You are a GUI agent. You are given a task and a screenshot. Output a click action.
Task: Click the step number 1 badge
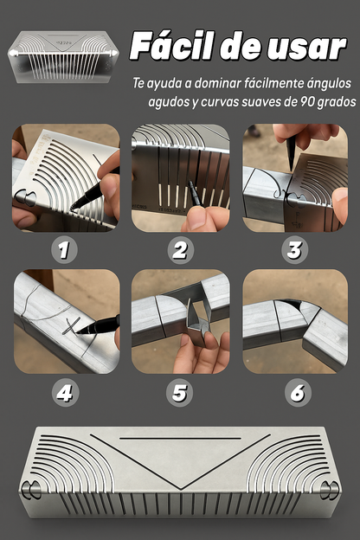[x=64, y=250]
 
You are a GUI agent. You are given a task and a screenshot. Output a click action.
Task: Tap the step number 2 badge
[x=180, y=250]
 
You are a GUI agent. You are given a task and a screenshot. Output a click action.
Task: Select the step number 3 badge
[x=294, y=250]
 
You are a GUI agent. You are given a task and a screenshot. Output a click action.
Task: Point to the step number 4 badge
[x=65, y=393]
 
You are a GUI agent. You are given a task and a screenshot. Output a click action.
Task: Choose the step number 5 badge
[x=179, y=393]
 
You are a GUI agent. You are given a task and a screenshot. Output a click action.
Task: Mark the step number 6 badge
[x=298, y=393]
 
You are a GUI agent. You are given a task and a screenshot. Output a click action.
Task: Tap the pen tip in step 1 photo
[x=71, y=209]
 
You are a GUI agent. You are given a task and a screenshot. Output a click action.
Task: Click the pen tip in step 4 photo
[x=77, y=332]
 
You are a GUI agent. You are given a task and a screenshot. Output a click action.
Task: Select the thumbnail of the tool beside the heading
[x=63, y=57]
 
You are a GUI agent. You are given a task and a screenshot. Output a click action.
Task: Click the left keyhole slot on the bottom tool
[x=31, y=490]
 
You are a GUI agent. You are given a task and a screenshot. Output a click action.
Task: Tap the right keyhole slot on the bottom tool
[x=330, y=490]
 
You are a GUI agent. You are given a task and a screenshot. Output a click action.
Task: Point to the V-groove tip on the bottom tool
[x=180, y=489]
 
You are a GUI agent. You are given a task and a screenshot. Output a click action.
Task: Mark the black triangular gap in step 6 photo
[x=292, y=305]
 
